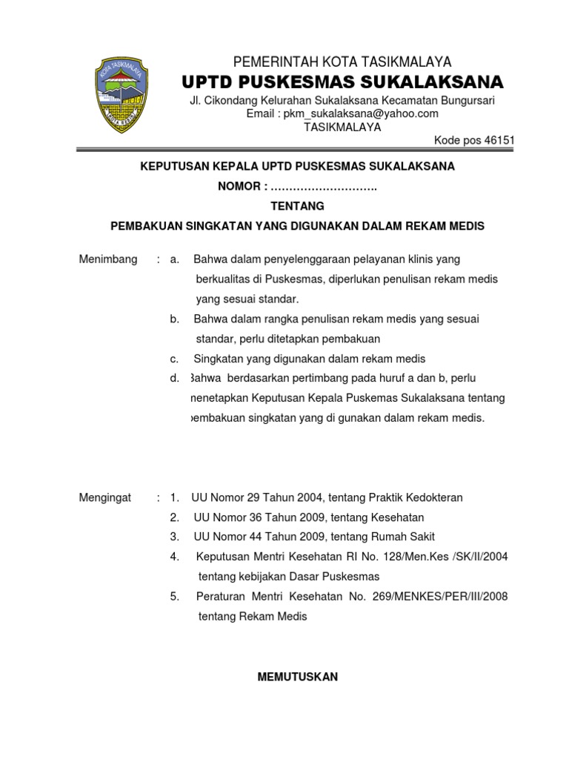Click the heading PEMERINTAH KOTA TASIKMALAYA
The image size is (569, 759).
[342, 62]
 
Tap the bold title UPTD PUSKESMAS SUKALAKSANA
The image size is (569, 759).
[342, 81]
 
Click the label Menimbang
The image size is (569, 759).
[108, 259]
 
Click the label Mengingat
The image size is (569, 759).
[105, 497]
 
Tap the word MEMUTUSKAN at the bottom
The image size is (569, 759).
[297, 677]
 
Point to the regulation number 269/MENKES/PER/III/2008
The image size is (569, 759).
[436, 597]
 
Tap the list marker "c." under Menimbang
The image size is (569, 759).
[174, 359]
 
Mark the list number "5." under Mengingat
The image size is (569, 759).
[174, 597]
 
